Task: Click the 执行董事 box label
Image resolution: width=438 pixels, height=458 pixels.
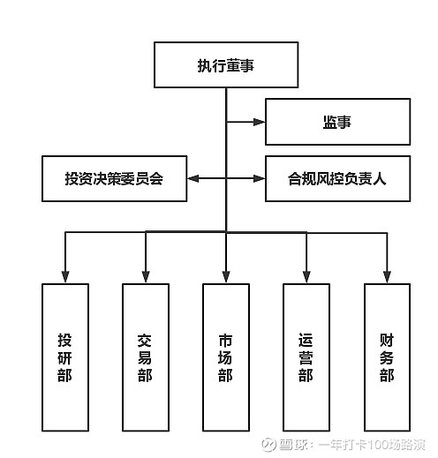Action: pyautogui.click(x=226, y=65)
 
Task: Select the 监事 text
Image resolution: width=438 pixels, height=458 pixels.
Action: pyautogui.click(x=337, y=122)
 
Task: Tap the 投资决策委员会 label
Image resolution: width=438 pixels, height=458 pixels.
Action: pyautogui.click(x=114, y=178)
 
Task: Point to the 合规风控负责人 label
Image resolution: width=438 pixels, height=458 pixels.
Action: pyautogui.click(x=337, y=178)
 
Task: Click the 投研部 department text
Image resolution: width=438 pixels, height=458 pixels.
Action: pyautogui.click(x=64, y=357)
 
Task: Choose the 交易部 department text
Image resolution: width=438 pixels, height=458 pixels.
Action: pyautogui.click(x=145, y=357)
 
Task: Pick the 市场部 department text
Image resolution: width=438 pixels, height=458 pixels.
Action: pyautogui.click(x=225, y=357)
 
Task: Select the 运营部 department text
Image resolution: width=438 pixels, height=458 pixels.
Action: pyautogui.click(x=306, y=357)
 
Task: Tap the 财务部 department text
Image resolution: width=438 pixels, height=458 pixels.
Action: pyautogui.click(x=387, y=357)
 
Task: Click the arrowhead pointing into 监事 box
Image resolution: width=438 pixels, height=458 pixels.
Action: pyautogui.click(x=260, y=122)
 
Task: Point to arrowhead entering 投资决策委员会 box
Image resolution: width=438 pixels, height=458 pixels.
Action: pyautogui.click(x=193, y=178)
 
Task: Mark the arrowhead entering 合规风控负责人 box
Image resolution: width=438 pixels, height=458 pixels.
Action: pyautogui.click(x=260, y=178)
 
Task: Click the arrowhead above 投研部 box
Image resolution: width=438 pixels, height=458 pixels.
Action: pyautogui.click(x=65, y=277)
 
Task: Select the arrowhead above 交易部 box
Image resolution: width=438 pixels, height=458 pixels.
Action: pyautogui.click(x=146, y=277)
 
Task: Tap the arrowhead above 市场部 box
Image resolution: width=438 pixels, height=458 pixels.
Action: pyautogui.click(x=226, y=277)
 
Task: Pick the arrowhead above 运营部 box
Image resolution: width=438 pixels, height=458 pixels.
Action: pyautogui.click(x=306, y=277)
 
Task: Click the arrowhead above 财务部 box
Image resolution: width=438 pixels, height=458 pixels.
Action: pyautogui.click(x=387, y=277)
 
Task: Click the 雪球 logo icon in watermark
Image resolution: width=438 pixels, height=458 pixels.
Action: pyautogui.click(x=268, y=445)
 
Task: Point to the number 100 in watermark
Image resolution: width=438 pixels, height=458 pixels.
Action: pyautogui.click(x=379, y=445)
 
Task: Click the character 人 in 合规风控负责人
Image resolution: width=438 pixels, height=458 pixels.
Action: pyautogui.click(x=380, y=178)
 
